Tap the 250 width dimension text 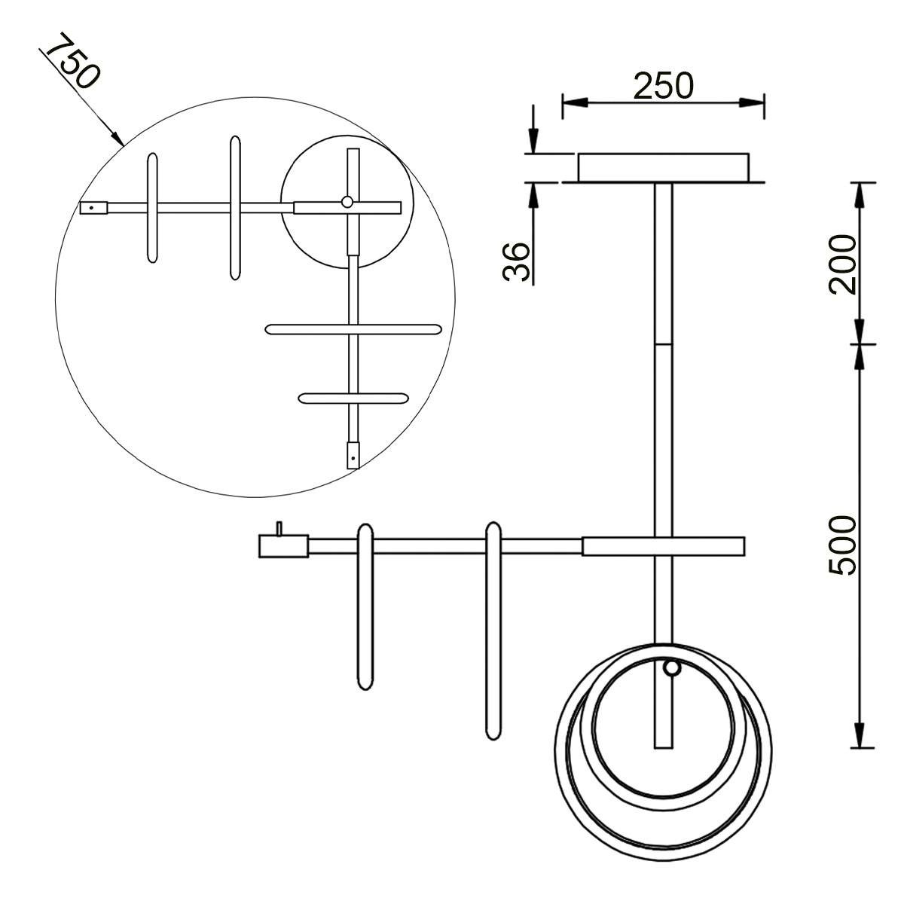[x=663, y=86]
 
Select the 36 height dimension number [x=516, y=261]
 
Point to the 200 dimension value [x=842, y=264]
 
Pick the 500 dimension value [x=842, y=545]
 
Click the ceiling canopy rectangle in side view [x=664, y=167]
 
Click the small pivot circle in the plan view [x=347, y=202]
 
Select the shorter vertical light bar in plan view [x=152, y=207]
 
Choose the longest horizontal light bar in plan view [x=353, y=329]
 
